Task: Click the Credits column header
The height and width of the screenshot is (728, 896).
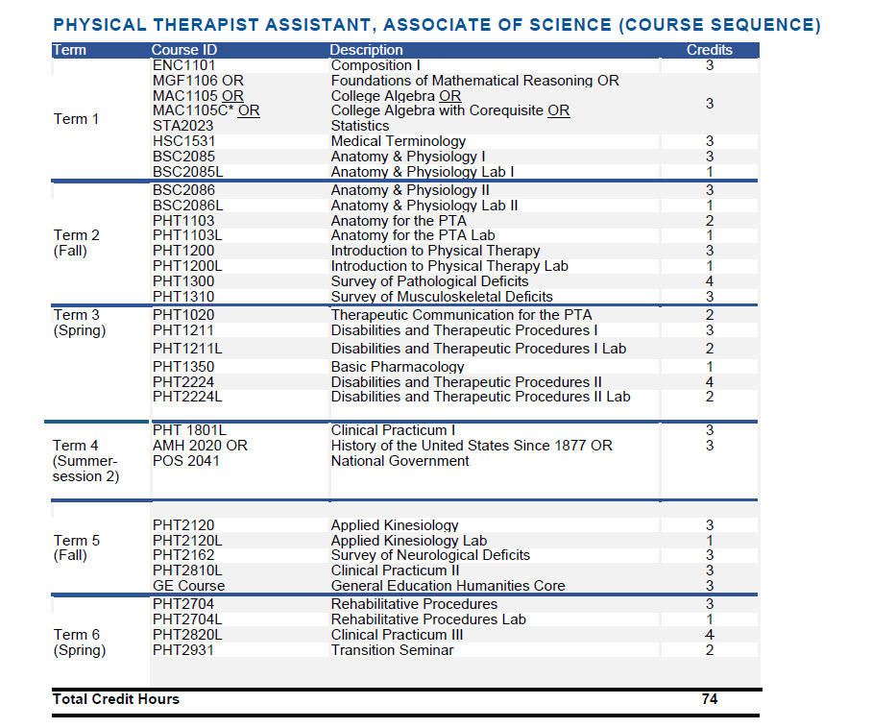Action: click(x=709, y=50)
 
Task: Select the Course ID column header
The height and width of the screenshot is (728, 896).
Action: click(x=184, y=50)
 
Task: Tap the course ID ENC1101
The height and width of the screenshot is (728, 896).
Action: click(x=184, y=65)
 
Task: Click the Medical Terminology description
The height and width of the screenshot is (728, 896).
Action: click(x=399, y=141)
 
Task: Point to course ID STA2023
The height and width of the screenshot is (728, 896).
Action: click(x=182, y=126)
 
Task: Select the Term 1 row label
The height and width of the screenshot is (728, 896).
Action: click(x=76, y=119)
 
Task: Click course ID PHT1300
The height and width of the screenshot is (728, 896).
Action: click(x=183, y=281)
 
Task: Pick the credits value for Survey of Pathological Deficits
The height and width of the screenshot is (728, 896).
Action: click(x=709, y=281)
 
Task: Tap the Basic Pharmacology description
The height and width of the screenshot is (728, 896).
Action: click(x=398, y=367)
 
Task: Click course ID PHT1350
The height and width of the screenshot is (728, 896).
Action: click(x=183, y=367)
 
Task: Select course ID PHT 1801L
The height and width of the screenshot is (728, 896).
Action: click(x=190, y=430)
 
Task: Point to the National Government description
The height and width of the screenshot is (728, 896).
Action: click(x=400, y=461)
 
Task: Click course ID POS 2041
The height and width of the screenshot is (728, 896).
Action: click(x=186, y=461)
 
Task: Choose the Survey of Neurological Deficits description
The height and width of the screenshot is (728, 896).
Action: click(x=430, y=555)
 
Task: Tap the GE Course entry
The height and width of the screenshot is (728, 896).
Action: click(x=188, y=586)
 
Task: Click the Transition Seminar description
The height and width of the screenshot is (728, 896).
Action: click(x=392, y=650)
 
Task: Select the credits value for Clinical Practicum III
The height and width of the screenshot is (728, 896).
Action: click(x=709, y=635)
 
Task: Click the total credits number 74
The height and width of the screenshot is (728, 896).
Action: click(x=709, y=699)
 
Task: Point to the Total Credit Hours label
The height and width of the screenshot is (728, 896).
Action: click(x=116, y=699)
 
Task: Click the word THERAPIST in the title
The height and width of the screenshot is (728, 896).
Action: click(x=206, y=25)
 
